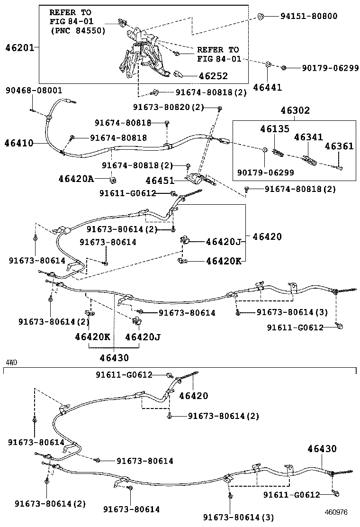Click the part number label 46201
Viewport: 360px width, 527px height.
(x=19, y=48)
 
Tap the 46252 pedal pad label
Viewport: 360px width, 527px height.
(x=213, y=76)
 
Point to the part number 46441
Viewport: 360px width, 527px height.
(x=267, y=87)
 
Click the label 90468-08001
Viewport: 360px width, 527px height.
(x=34, y=90)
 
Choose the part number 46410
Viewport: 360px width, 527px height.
(x=19, y=142)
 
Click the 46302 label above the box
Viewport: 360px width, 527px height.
(x=294, y=111)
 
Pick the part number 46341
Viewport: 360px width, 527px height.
(x=308, y=137)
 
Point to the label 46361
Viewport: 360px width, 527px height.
(x=339, y=146)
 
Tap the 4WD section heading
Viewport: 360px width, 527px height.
(x=12, y=363)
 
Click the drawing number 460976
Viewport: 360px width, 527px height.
(x=336, y=512)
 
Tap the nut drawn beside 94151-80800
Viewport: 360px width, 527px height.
(x=261, y=17)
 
